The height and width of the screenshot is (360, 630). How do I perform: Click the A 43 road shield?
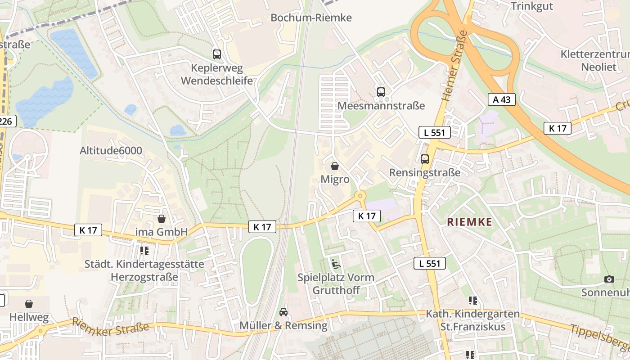pos(502,99)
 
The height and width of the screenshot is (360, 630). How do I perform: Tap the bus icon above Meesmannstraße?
pos(381,92)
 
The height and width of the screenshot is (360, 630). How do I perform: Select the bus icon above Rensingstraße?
pos(425,159)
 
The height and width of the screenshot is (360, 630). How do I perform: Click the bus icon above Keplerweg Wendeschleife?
pos(217,54)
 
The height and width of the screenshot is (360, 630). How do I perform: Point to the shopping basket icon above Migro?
pos(335,166)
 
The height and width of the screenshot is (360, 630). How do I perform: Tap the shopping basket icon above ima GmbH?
pos(162,219)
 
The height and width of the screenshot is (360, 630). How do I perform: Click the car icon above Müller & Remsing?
pos(283,312)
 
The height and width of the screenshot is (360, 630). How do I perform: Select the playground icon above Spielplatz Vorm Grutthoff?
pos(336,263)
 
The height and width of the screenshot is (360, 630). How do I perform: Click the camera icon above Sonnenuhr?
pos(609,279)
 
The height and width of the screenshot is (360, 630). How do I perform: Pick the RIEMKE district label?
pos(469,222)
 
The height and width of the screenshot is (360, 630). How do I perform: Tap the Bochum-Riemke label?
pos(311,18)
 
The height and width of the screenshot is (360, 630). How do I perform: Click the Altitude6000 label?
pos(111,151)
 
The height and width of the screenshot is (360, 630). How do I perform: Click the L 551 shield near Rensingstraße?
pos(434,132)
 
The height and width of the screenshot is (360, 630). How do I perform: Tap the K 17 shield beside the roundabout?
pos(367,216)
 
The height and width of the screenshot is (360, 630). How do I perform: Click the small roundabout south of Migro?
pos(360,196)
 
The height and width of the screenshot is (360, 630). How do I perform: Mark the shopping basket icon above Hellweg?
pos(29,304)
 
